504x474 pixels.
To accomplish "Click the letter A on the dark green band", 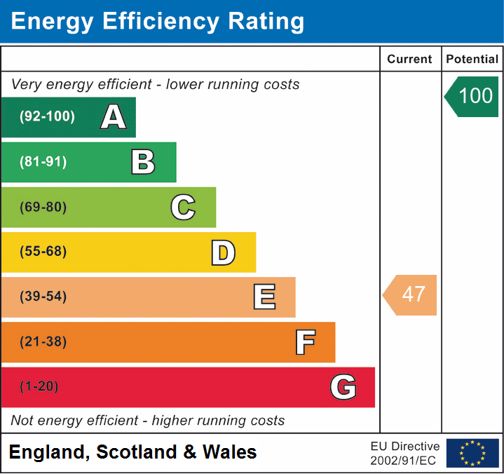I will (x=114, y=117).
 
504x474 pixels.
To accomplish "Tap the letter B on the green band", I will (x=143, y=162).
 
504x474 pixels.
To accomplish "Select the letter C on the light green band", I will (x=183, y=207).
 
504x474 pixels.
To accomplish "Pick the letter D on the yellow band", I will (x=223, y=252).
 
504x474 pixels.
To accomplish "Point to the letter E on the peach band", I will (x=264, y=297).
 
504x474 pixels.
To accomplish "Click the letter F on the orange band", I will (x=304, y=342).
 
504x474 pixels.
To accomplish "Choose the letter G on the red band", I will (x=343, y=387).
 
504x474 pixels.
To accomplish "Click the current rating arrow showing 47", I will (x=411, y=294).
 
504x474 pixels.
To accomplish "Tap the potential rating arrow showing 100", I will (x=472, y=96).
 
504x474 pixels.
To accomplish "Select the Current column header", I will (x=410, y=60).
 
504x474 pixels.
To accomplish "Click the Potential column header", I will (x=472, y=60).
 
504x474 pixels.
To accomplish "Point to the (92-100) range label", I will (x=48, y=117).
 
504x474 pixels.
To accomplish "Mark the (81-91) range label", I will (x=43, y=162).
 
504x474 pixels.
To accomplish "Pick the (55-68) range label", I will (x=43, y=252).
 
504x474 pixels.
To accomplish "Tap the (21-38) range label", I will (x=43, y=342).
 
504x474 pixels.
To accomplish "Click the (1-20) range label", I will (x=39, y=387).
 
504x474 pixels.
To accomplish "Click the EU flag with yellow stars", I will (x=472, y=453).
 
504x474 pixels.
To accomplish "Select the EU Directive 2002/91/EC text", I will (x=405, y=454).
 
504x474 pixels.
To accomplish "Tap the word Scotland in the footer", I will (x=137, y=452).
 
